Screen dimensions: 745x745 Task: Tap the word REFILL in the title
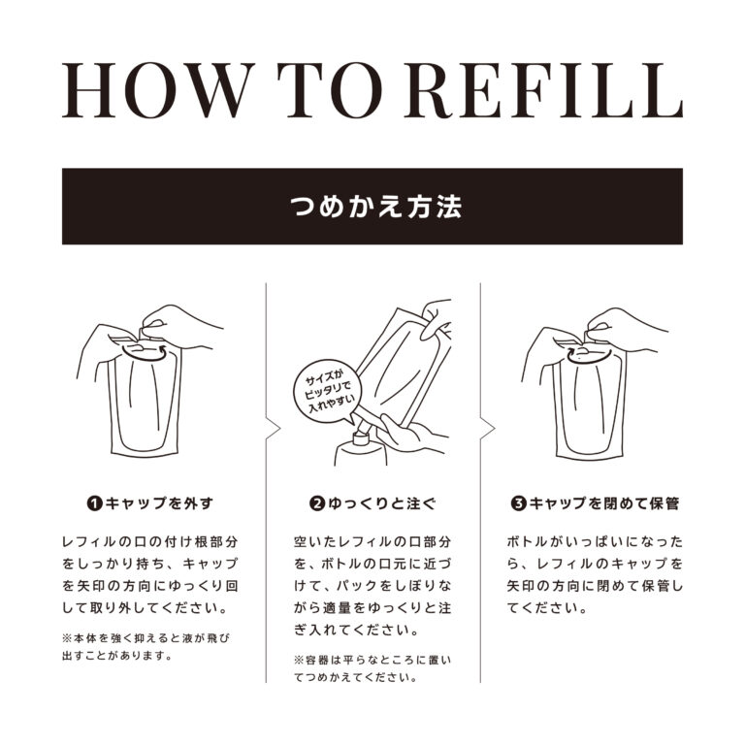[x=543, y=90]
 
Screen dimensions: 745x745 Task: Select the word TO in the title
[x=330, y=90]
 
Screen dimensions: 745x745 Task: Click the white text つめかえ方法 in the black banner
[x=375, y=207]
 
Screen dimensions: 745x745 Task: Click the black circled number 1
[x=95, y=503]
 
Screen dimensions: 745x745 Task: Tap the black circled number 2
[x=316, y=503]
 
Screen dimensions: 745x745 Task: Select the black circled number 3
[x=519, y=503]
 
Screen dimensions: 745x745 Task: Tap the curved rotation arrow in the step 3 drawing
[x=588, y=360]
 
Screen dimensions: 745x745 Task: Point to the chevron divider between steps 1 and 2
[x=274, y=428]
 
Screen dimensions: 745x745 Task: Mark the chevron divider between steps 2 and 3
[x=488, y=428]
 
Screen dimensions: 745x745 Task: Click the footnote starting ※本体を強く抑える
[x=146, y=647]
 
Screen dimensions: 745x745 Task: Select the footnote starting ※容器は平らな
[x=372, y=668]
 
